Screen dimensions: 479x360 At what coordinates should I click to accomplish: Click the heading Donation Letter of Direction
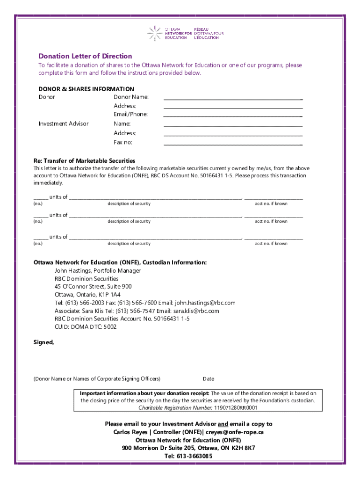tap(85, 56)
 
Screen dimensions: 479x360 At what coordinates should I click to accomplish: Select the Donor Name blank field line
tap(232, 99)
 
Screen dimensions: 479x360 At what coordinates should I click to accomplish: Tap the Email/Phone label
tap(130, 114)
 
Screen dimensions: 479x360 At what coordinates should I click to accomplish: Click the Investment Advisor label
tap(63, 124)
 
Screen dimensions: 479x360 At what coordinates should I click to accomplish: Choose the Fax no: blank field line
tap(232, 144)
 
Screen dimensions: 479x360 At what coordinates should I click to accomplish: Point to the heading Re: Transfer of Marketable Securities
tap(84, 160)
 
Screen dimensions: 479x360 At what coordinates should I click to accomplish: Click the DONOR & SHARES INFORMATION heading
tap(86, 89)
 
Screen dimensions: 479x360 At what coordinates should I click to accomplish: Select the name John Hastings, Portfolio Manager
tap(97, 271)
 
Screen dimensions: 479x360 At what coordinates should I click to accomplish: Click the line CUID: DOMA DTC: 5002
tap(85, 327)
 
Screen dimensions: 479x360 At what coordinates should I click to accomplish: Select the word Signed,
tap(43, 342)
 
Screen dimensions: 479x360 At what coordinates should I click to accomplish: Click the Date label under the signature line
tap(209, 379)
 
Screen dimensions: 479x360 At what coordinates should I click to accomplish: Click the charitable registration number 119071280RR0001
tap(236, 408)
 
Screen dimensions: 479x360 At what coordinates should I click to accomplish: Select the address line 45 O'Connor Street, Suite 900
tap(93, 287)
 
